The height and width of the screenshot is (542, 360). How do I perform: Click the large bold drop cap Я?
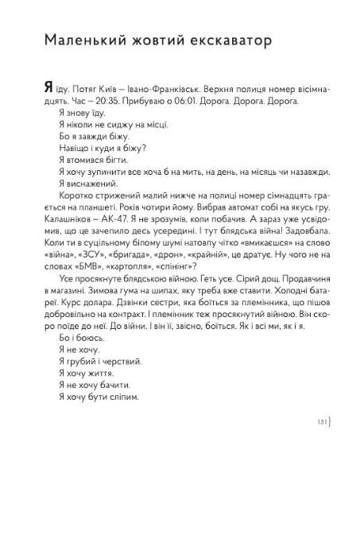[50, 89]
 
